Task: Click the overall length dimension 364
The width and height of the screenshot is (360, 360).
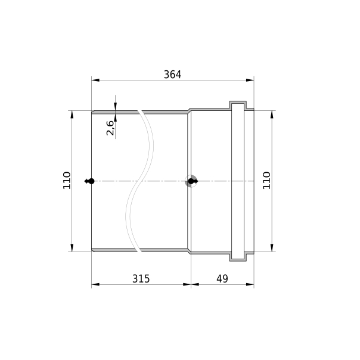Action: click(172, 75)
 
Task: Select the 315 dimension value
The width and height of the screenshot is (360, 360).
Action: click(141, 278)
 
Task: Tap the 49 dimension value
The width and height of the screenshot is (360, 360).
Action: click(222, 278)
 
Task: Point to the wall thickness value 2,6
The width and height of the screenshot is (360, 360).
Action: click(110, 128)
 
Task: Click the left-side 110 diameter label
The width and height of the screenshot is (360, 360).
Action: click(66, 181)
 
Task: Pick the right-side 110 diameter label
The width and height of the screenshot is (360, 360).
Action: click(266, 181)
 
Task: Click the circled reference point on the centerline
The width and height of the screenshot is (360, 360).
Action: click(191, 181)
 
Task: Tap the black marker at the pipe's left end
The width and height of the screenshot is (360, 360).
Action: click(91, 181)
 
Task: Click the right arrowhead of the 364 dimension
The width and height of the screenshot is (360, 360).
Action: click(250, 79)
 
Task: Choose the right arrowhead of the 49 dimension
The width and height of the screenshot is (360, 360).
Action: click(250, 285)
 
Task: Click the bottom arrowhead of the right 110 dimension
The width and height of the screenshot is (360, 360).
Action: click(272, 247)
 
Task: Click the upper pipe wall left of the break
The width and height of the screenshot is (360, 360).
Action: click(113, 111)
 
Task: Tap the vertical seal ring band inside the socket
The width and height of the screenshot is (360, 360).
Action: click(237, 181)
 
